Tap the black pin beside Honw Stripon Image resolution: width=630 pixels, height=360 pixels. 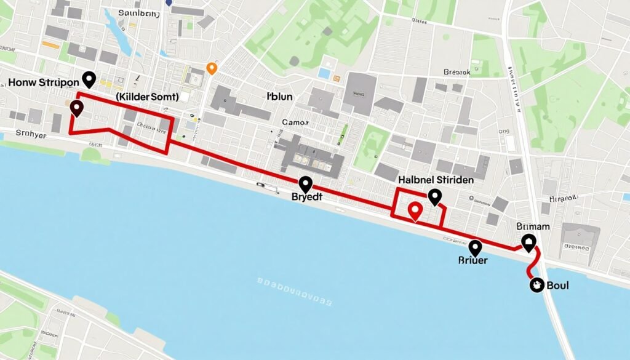point(89,79)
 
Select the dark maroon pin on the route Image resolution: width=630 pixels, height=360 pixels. point(76,109)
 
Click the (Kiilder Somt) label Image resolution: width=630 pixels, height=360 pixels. point(146,97)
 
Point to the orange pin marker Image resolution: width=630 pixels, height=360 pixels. point(212,68)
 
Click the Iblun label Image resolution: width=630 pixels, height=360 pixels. point(281,97)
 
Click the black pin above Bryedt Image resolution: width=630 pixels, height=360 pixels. point(305,183)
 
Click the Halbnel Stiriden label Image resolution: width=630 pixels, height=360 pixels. point(436,180)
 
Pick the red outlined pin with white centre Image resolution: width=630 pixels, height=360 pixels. point(415,211)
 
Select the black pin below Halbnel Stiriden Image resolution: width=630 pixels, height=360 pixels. point(435,197)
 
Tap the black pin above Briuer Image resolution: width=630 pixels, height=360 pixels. point(475,247)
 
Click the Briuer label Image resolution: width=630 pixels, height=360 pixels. point(472,260)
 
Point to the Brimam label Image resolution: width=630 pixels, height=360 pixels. point(533,226)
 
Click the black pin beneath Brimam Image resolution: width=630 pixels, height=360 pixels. point(528,242)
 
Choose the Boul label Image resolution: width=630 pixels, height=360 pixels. point(557,286)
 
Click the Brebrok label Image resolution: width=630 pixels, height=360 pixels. point(457,72)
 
